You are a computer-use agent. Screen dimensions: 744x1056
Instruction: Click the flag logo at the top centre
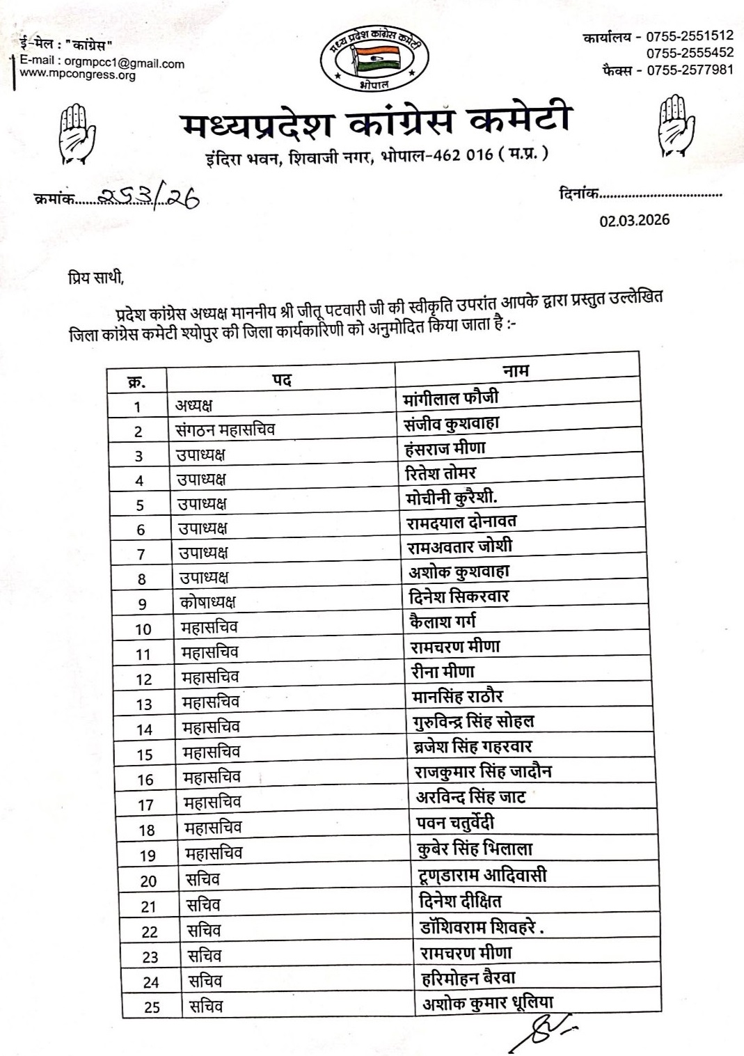tap(374, 58)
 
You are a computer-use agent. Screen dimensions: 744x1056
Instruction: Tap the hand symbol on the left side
tap(76, 132)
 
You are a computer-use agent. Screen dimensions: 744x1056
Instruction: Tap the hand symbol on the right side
tap(676, 127)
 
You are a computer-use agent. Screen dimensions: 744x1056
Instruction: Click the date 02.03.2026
tap(634, 221)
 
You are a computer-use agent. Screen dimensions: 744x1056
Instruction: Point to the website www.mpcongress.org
tap(77, 74)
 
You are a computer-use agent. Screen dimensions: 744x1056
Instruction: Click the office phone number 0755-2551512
tap(689, 36)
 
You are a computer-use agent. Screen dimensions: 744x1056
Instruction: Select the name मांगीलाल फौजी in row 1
tap(451, 398)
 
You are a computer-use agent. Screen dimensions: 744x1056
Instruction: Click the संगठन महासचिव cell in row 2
tap(225, 430)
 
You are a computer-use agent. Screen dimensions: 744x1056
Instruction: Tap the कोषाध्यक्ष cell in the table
tap(207, 602)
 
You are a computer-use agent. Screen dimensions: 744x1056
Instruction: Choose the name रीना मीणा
tap(443, 672)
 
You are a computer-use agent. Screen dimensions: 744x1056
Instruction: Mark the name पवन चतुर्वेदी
tap(455, 823)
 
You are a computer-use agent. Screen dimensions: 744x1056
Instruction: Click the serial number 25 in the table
tap(152, 1007)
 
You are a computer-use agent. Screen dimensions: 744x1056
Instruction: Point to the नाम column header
tap(516, 370)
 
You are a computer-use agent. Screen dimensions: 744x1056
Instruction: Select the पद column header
tap(281, 380)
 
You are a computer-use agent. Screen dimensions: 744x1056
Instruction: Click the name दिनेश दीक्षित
tap(460, 901)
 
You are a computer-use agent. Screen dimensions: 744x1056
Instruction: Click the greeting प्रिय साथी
tap(96, 279)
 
